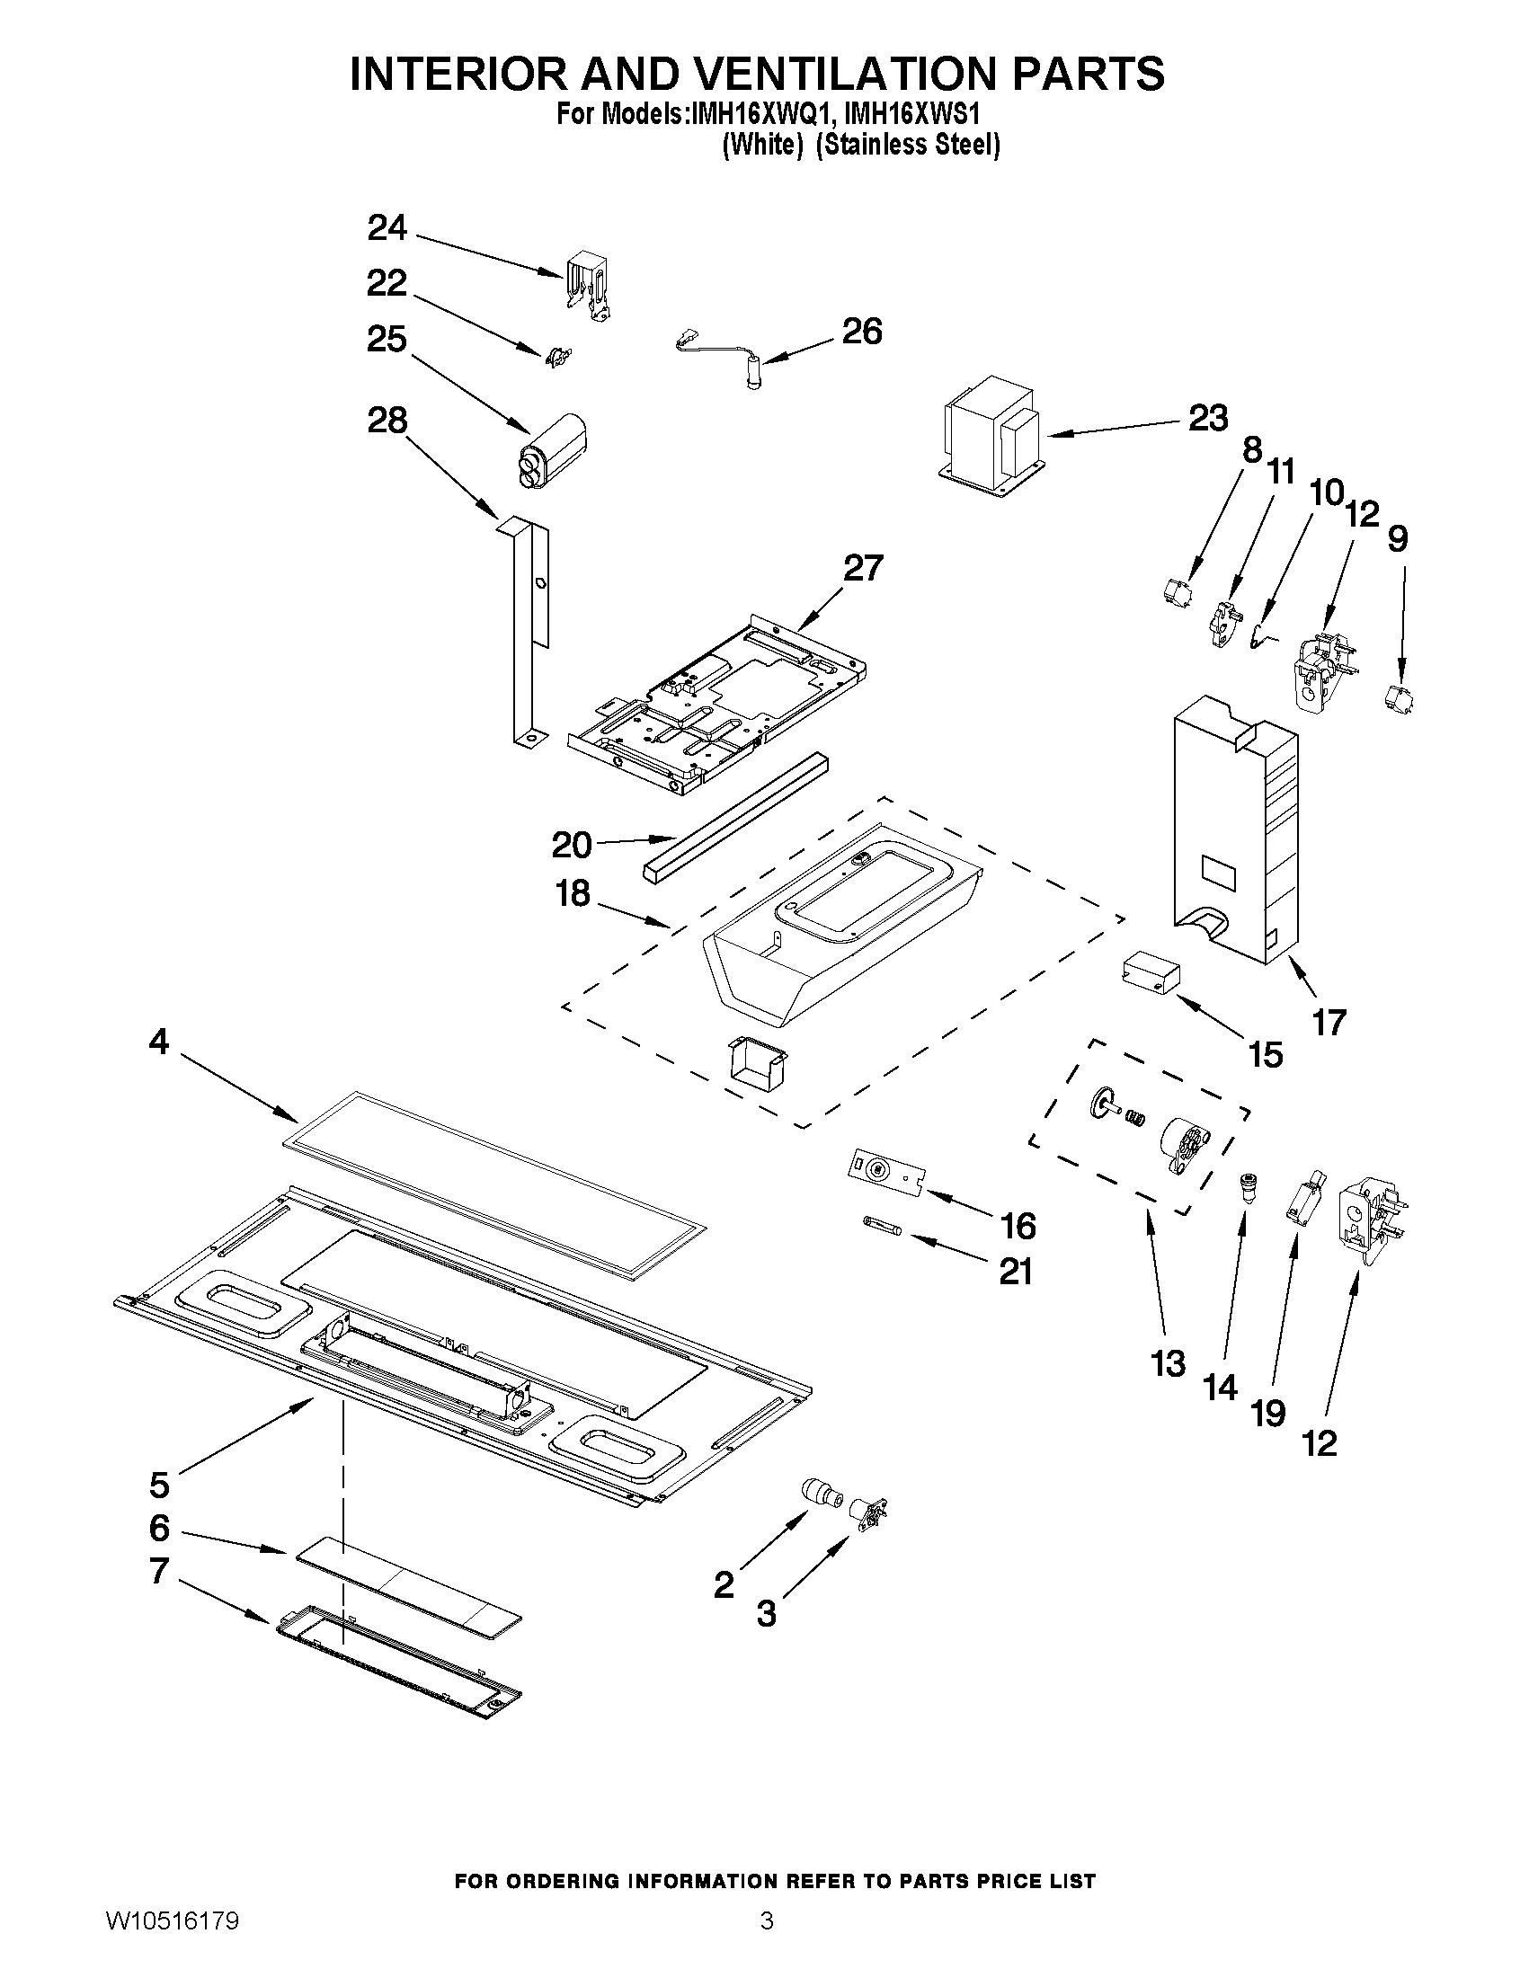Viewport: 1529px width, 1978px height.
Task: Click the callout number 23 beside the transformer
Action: [1207, 419]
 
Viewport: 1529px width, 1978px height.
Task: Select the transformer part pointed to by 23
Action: [990, 436]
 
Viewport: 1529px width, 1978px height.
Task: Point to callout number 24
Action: [387, 228]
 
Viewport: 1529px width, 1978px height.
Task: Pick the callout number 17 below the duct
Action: [1329, 1023]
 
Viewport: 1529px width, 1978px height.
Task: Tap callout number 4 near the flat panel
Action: [158, 1042]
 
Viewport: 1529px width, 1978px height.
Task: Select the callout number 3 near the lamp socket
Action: [767, 1614]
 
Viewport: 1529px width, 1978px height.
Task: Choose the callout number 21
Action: [1016, 1273]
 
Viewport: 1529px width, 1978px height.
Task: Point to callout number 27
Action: [861, 568]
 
